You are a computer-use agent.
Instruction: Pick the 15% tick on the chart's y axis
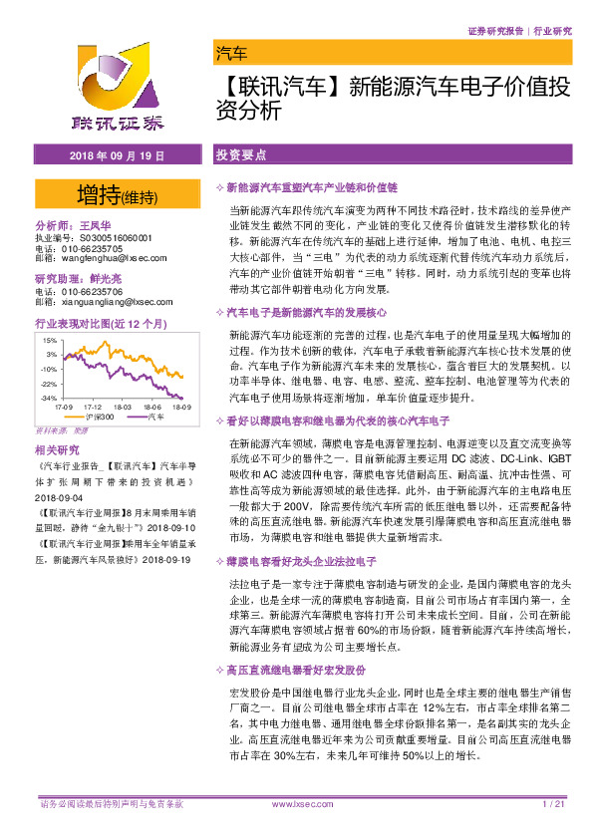49,340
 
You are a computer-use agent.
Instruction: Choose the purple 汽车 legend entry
154,418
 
